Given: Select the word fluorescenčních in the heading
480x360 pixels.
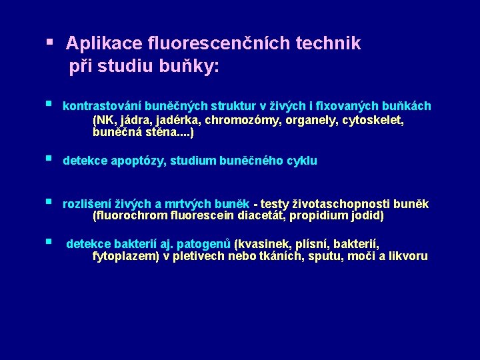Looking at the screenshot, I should pyautogui.click(x=213, y=44).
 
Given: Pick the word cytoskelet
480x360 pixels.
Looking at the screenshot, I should pyautogui.click(x=373, y=121).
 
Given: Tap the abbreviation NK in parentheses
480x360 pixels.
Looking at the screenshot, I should pyautogui.click(x=107, y=121).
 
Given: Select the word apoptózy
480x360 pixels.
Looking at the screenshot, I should pyautogui.click(x=143, y=161).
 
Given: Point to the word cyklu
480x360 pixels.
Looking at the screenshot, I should pyautogui.click(x=302, y=161).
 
